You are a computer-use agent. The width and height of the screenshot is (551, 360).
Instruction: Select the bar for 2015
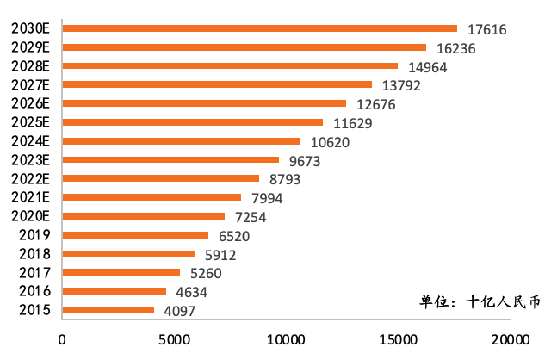point(108,310)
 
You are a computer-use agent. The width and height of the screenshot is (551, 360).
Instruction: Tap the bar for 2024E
point(181,141)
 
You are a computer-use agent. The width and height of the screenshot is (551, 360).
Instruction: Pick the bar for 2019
point(134,235)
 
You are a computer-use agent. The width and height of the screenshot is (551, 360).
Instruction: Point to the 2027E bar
point(217,84)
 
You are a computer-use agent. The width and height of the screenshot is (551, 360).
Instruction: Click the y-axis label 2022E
point(31,178)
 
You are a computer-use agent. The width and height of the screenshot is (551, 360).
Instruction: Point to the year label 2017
point(34,273)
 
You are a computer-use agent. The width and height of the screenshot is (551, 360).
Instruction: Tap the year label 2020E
point(31,216)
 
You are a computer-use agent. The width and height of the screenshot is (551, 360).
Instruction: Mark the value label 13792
point(399,86)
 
